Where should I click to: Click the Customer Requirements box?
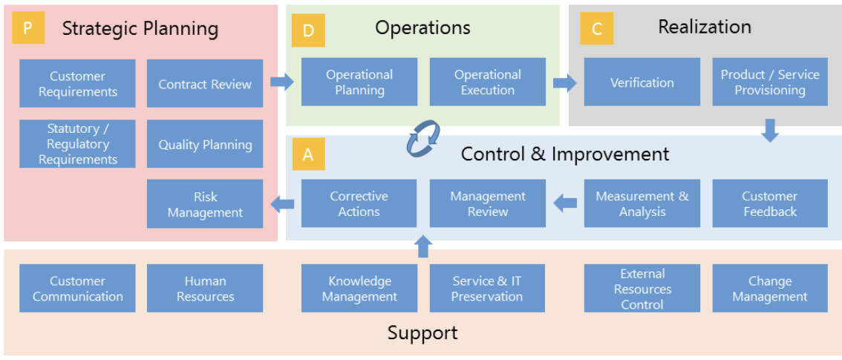coord(77,84)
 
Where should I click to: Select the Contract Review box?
coord(205,84)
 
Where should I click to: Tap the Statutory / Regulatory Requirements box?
coord(77,144)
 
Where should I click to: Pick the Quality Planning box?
coord(205,144)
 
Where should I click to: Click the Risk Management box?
coord(205,204)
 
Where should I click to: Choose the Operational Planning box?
coord(359,82)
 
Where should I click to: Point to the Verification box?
coord(642,82)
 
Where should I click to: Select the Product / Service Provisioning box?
coord(770,82)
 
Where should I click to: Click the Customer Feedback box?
coord(770,203)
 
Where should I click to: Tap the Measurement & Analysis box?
coord(642,203)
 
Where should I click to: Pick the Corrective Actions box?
coord(359,203)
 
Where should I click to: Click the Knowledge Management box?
coord(359,288)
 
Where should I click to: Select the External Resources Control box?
coord(642,288)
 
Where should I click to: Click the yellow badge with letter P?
coord(28,28)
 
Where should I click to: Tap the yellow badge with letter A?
coord(308,154)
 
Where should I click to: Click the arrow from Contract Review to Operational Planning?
coord(282,82)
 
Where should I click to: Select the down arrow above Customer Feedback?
coord(771,131)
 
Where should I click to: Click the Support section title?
coord(422,333)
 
